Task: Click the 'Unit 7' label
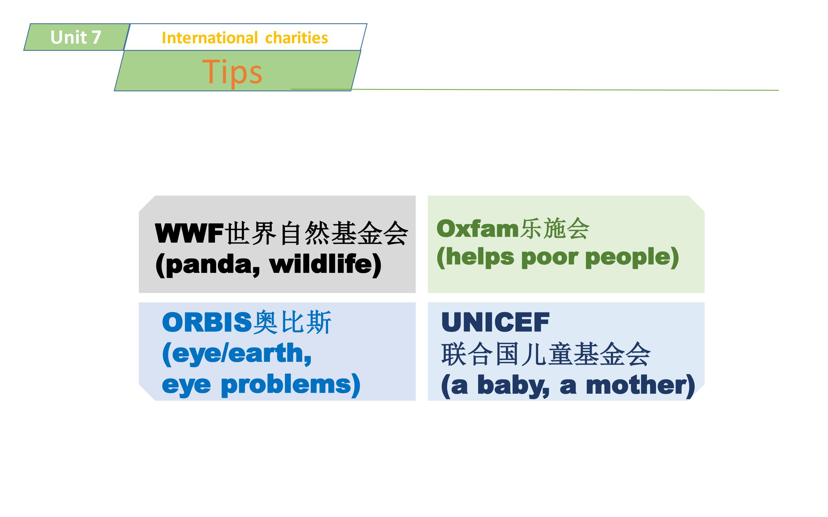tap(76, 37)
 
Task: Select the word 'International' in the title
tap(209, 38)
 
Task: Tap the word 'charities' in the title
tap(297, 38)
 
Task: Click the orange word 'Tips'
tap(232, 72)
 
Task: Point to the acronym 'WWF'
tap(189, 233)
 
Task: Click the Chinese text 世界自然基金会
tap(317, 233)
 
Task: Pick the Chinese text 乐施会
tap(555, 228)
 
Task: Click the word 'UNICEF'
tap(495, 322)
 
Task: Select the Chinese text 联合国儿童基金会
tap(546, 354)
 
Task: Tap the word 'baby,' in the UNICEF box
tap(513, 386)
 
